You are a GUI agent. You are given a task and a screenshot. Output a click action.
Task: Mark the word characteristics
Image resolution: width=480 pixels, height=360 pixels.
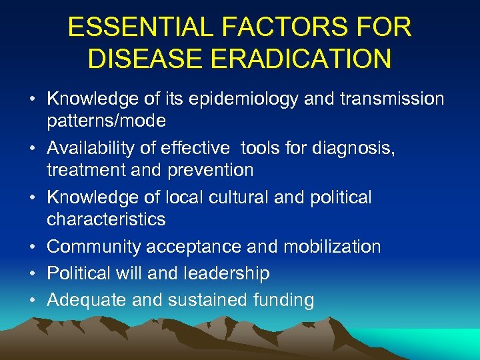(106, 219)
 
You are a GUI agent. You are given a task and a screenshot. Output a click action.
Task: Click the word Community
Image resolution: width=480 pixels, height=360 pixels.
(94, 247)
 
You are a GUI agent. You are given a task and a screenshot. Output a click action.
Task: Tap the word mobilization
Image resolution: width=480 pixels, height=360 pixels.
(332, 247)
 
